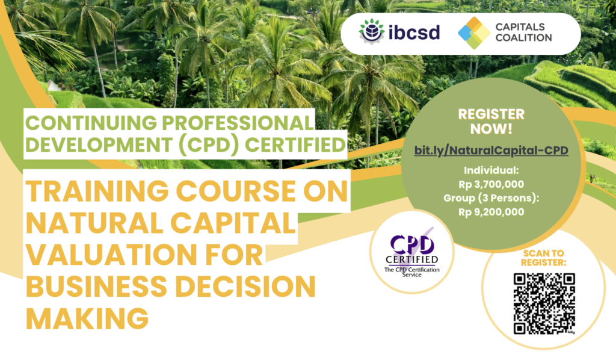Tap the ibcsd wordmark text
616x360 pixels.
(x=414, y=32)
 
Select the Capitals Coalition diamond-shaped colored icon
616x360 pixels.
(x=474, y=33)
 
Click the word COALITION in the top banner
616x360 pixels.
(x=524, y=38)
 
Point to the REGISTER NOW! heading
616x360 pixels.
(x=491, y=122)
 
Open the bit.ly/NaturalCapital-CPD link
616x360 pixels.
(x=491, y=151)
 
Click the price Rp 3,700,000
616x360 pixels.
(x=491, y=184)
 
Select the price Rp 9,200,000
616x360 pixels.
(x=491, y=213)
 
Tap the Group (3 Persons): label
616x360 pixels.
(x=491, y=198)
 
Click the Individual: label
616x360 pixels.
(x=491, y=170)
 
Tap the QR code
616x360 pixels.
(x=544, y=304)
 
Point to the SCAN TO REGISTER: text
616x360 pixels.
(x=544, y=258)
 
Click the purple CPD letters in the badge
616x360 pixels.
(x=412, y=245)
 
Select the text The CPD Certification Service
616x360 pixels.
(x=411, y=272)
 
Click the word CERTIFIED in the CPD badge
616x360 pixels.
(x=411, y=259)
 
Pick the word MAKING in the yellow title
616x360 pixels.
(x=87, y=318)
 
